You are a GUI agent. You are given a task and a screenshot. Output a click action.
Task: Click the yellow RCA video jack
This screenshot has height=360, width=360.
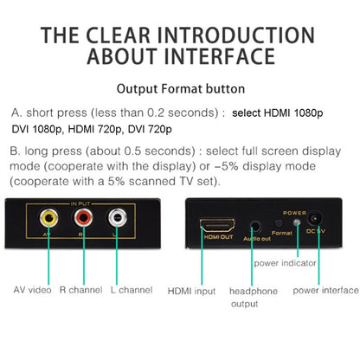tap(48, 218)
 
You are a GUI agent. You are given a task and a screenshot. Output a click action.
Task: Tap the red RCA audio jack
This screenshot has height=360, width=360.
tap(83, 218)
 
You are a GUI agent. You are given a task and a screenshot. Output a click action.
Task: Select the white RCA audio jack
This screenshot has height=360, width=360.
tap(118, 218)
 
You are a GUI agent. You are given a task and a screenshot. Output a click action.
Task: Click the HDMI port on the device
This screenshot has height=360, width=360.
tap(217, 225)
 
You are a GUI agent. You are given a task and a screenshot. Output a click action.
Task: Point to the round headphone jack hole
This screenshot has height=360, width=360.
tap(255, 226)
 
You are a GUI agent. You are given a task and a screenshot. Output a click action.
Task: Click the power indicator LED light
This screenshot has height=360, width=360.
tap(297, 222)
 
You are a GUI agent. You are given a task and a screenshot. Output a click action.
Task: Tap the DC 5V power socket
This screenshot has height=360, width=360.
tap(314, 218)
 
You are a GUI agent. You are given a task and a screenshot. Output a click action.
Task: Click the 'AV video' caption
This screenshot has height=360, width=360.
tap(32, 290)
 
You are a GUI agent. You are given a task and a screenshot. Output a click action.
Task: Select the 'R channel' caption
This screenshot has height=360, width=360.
tap(80, 290)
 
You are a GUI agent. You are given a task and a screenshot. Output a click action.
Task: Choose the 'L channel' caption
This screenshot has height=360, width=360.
tap(132, 290)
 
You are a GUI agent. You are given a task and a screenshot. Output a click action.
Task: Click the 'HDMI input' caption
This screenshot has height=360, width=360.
tap(191, 291)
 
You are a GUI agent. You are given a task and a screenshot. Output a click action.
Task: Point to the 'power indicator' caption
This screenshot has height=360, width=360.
tap(285, 263)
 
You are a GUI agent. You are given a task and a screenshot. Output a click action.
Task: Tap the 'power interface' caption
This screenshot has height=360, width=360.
tap(325, 291)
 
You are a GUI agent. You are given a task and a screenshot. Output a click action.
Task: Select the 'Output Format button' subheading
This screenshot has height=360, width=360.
tap(181, 89)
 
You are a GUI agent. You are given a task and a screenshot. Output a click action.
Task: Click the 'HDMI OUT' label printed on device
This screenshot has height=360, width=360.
tap(218, 237)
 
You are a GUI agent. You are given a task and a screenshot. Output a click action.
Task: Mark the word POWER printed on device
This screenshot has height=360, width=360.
tap(294, 213)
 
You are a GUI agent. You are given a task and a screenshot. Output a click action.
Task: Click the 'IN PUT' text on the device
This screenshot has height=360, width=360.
tap(80, 204)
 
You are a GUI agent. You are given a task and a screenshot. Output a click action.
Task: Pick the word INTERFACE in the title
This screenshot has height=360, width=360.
tap(220, 56)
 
